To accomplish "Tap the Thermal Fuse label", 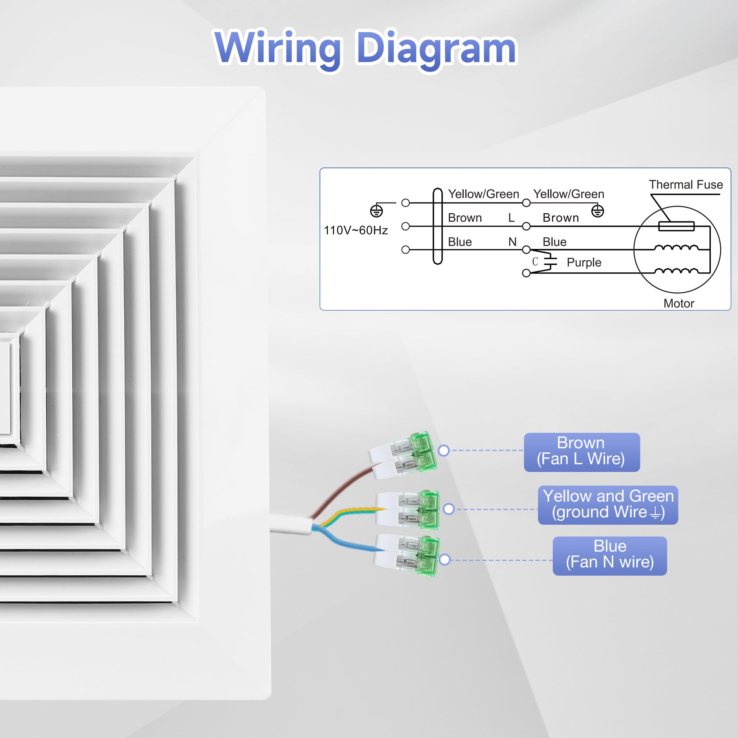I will click(x=686, y=185).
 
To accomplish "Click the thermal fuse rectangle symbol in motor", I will click(x=676, y=226).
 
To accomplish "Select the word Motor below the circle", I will click(x=679, y=303).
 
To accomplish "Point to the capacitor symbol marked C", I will click(x=550, y=262).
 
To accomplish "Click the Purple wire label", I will click(x=584, y=262).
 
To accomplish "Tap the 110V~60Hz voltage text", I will click(x=356, y=230).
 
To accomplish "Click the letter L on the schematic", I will click(x=511, y=218).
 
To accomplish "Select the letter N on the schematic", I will click(x=512, y=242).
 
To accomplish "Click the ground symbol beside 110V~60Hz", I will click(x=376, y=210).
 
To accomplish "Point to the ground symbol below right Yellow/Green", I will click(x=597, y=211).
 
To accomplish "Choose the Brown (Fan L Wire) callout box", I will click(x=582, y=452).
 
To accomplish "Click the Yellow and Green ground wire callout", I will click(x=607, y=504).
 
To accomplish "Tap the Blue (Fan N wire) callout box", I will click(x=609, y=555).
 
